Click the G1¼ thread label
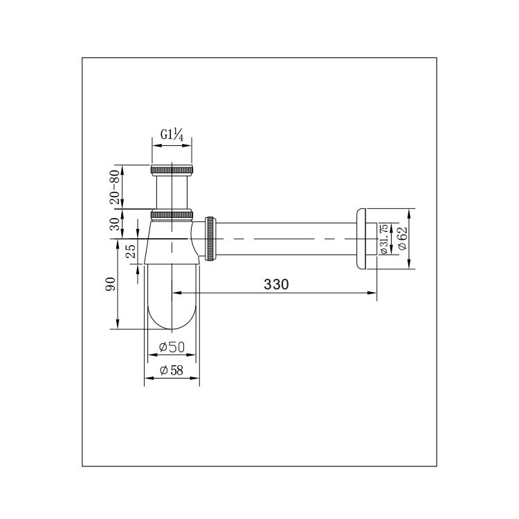(x=172, y=135)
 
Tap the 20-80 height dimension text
(x=114, y=187)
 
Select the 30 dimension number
(x=114, y=224)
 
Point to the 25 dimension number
(x=131, y=251)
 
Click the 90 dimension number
(x=111, y=284)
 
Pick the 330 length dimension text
(x=276, y=284)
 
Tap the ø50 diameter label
(x=172, y=347)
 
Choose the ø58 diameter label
(x=172, y=370)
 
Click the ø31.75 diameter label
(x=384, y=239)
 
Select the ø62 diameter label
(x=402, y=238)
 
